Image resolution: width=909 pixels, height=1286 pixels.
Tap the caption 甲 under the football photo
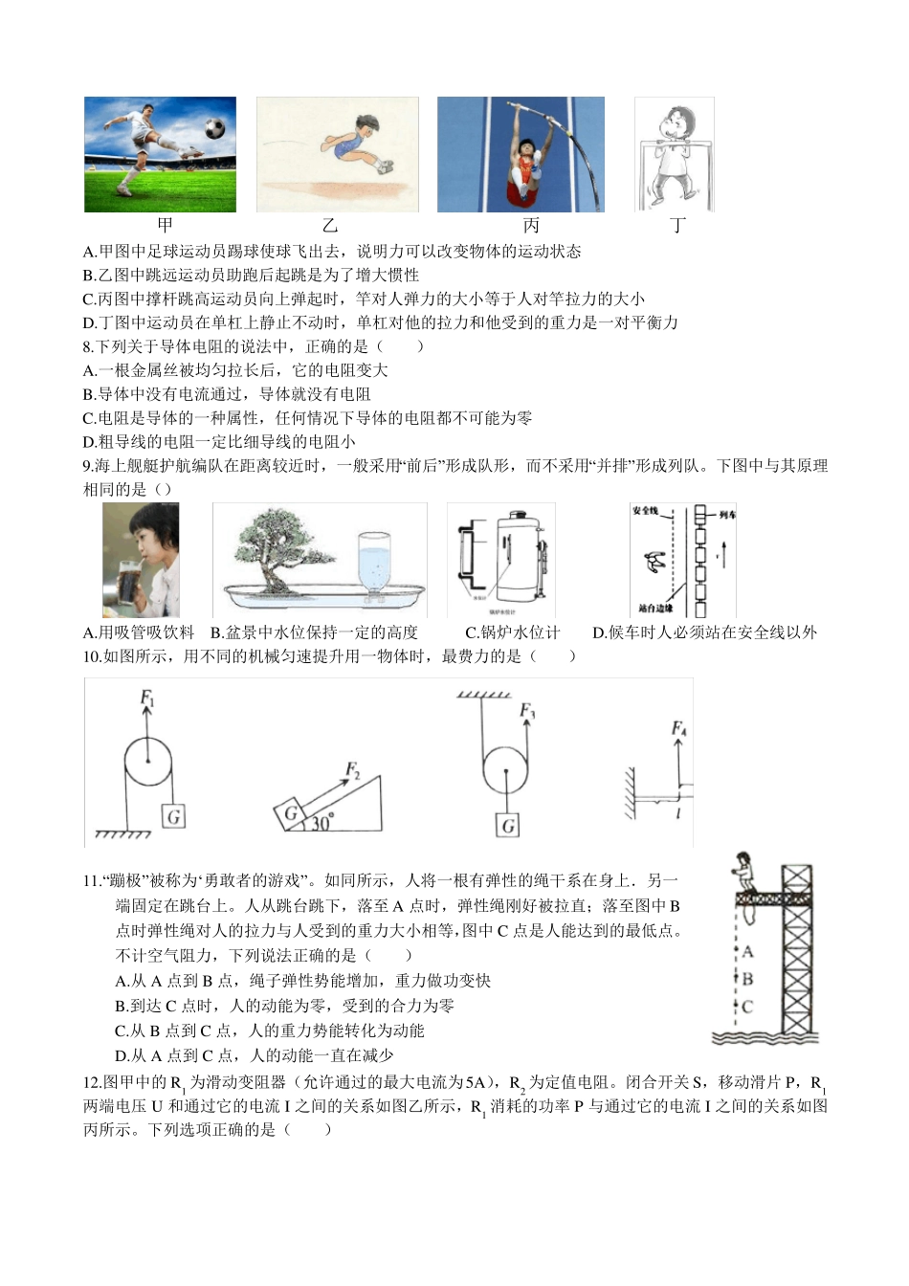pyautogui.click(x=165, y=226)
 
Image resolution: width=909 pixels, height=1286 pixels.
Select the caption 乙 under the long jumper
pyautogui.click(x=330, y=226)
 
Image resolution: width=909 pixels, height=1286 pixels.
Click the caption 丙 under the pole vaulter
pyautogui.click(x=531, y=226)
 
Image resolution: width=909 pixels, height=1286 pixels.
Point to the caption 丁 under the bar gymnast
pyautogui.click(x=678, y=226)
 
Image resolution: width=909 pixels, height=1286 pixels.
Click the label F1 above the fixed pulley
pyautogui.click(x=147, y=698)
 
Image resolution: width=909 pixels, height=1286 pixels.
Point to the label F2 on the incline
pyautogui.click(x=351, y=770)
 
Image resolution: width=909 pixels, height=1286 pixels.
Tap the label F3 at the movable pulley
pyautogui.click(x=526, y=711)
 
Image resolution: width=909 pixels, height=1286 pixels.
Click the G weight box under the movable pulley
pyautogui.click(x=507, y=825)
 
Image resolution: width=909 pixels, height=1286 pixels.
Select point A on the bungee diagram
pyautogui.click(x=748, y=952)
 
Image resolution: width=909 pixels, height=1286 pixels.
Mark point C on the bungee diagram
pyautogui.click(x=748, y=1007)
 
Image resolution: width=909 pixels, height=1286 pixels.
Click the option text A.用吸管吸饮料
pyautogui.click(x=139, y=632)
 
